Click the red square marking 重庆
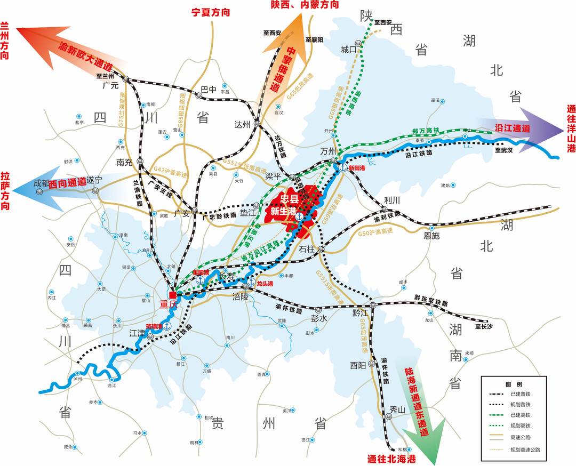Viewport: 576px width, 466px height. click(x=173, y=295)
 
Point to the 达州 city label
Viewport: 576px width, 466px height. click(x=242, y=124)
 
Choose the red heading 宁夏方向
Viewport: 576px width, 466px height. click(x=211, y=11)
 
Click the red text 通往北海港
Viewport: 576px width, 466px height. click(x=391, y=459)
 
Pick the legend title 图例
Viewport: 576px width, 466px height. click(x=514, y=384)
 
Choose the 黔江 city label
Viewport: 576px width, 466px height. click(x=361, y=312)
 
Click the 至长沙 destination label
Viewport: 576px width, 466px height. click(x=485, y=326)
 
